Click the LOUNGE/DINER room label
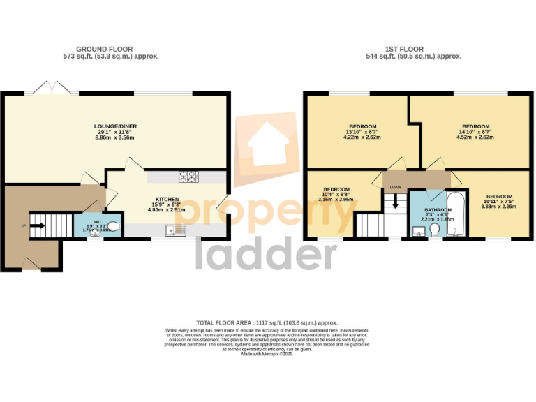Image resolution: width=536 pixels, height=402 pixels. (116, 126)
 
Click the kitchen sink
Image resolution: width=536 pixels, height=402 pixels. (175, 229)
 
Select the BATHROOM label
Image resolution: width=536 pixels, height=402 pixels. (437, 209)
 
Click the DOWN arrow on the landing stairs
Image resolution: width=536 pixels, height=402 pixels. (396, 202)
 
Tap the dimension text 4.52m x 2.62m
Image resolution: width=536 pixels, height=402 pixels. (475, 137)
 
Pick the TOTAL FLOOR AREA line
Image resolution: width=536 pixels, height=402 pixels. (267, 323)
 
